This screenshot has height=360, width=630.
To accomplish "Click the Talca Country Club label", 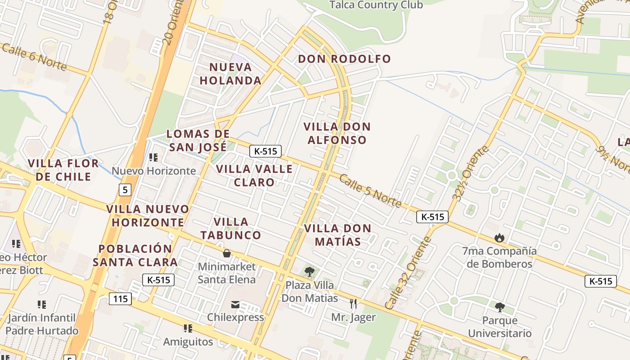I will coord(376,5).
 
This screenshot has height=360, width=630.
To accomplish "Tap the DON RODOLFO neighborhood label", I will coord(344,59).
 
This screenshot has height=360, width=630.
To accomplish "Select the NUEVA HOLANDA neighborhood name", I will coord(230,74).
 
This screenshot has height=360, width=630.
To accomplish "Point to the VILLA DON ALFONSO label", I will coord(337,133).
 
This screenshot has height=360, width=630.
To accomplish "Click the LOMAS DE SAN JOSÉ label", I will coord(198,140).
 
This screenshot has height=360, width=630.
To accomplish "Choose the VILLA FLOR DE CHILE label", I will coord(63,170).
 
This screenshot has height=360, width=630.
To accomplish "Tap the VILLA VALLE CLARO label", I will coord(254,175).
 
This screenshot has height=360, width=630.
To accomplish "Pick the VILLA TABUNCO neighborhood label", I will coord(231,228).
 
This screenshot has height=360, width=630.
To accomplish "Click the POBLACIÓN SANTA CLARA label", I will coord(135,255).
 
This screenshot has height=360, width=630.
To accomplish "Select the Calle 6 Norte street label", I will coord(34,57).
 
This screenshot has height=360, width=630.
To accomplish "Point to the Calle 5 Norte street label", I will coord(370,191).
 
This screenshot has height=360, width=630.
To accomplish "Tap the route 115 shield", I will coord(120,298).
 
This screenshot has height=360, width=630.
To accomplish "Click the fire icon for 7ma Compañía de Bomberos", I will coord(499,237).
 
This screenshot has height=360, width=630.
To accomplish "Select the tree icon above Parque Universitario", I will coord(499,307).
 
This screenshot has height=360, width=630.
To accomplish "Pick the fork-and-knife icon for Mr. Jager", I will coord(353,304).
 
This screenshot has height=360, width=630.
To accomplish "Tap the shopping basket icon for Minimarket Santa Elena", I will coord(227,253).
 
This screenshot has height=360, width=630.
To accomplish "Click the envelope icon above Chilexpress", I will coord(235,305).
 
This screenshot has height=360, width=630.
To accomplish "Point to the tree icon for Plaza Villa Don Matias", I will coord(309,271).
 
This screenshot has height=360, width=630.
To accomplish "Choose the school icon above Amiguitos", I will coord(188,328).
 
